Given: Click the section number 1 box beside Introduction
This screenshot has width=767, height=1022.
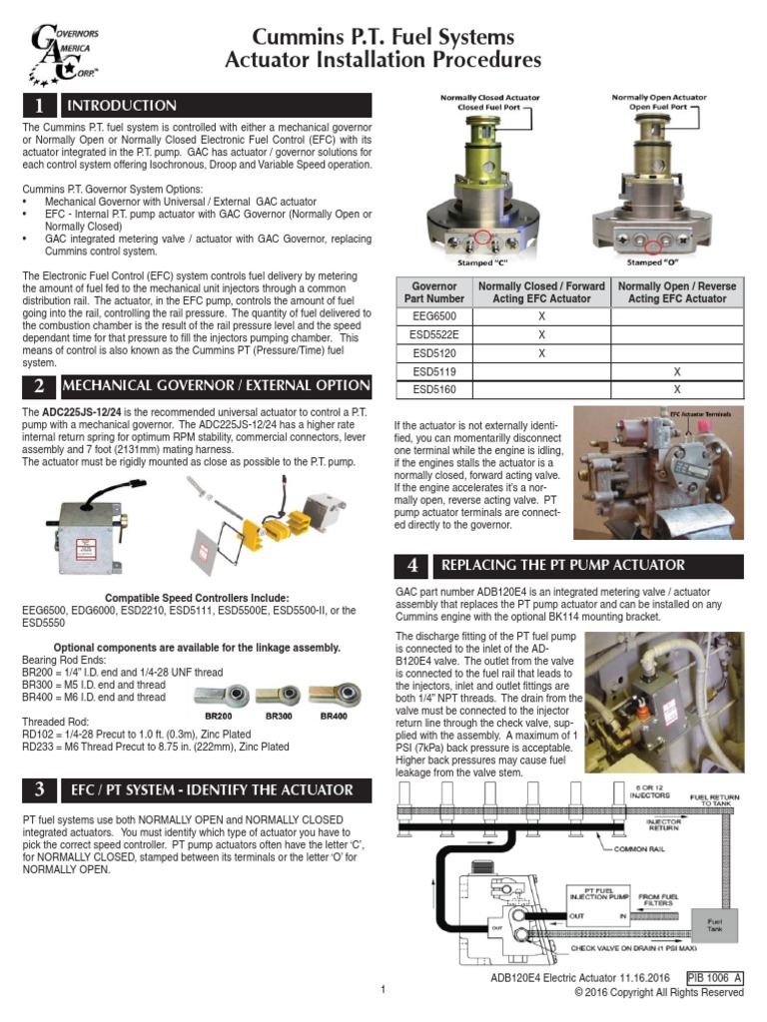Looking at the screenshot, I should (x=38, y=106).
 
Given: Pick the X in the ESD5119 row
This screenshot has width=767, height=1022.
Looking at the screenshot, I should (x=676, y=371).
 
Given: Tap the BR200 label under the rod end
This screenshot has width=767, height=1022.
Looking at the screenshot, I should (x=220, y=716).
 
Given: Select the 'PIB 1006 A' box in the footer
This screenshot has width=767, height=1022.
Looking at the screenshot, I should (x=715, y=979).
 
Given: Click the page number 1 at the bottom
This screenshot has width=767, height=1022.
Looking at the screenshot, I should (x=383, y=989).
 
